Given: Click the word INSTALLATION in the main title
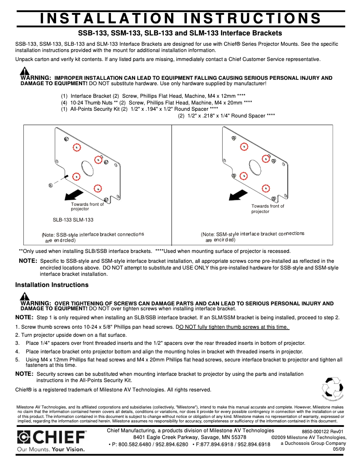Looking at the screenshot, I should pos(107,18).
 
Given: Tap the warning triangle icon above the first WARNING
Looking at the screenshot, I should pos(25,71).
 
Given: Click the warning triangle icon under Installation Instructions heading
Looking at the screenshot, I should pos(25,296).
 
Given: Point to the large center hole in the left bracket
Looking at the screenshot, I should pos(88,168).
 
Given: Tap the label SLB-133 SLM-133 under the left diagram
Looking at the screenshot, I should pos(73,220).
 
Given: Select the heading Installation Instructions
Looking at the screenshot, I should pos(52,285).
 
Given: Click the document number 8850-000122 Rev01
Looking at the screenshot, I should pos(323,431).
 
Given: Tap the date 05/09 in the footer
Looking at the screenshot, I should pos(338,449).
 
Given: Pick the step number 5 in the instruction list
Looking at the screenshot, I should pos(17,360).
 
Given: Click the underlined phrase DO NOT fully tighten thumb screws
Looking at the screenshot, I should pos(233,327).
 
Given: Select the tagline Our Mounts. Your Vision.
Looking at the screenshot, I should pos(50,449).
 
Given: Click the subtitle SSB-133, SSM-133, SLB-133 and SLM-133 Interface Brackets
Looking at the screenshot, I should pos(180,33).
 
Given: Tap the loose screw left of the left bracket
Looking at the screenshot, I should pos(49,185).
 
